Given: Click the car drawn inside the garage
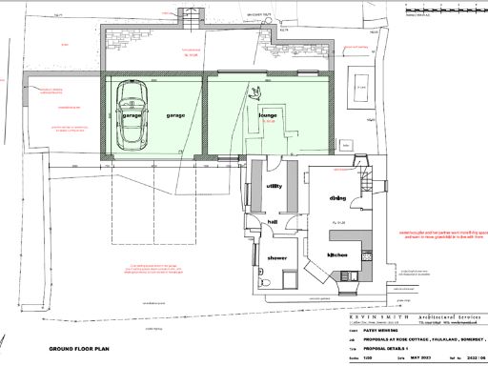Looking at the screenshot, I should (x=131, y=114).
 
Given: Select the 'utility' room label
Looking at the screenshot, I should (x=274, y=186).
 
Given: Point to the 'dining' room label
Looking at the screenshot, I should (x=337, y=197).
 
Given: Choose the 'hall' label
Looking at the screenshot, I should (x=272, y=221).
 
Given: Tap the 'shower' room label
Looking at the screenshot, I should (x=276, y=258).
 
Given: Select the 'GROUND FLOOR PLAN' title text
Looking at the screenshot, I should (x=79, y=350).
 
